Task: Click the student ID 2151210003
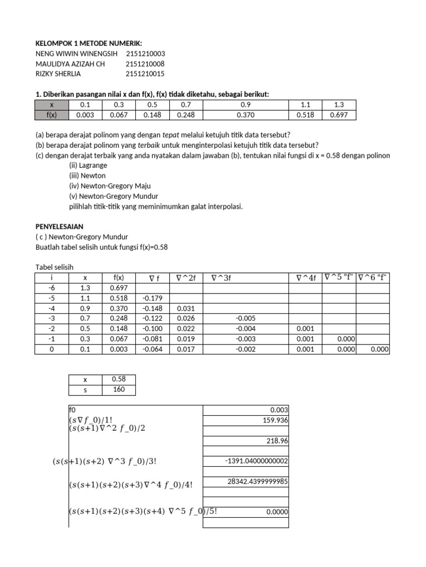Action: (145, 54)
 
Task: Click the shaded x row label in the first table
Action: (52, 105)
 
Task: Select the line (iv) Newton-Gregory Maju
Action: (109, 185)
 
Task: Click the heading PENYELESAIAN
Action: (58, 227)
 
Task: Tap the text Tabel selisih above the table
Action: (54, 266)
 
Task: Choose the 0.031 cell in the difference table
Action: (186, 308)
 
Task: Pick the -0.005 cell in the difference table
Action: (246, 318)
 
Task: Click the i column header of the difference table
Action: (51, 278)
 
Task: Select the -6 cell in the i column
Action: (52, 288)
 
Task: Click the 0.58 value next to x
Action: (119, 379)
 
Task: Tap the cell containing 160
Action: (119, 389)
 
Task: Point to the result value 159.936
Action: (272, 420)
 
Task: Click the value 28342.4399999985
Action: (257, 481)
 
